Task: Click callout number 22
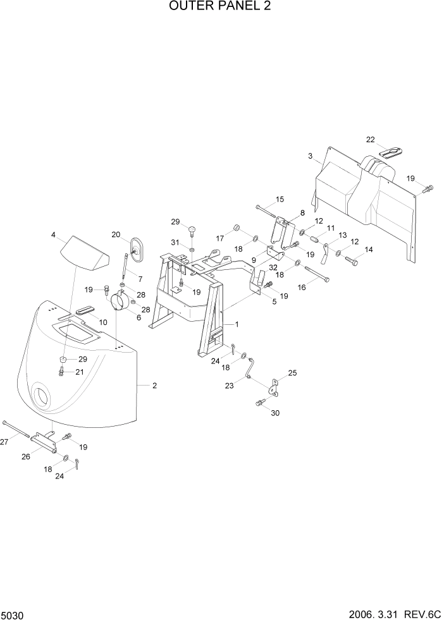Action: (x=371, y=140)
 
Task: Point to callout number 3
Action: (x=310, y=155)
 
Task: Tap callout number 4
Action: (x=54, y=235)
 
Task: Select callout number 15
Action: (x=280, y=200)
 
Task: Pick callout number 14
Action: (x=368, y=250)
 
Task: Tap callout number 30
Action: (x=274, y=413)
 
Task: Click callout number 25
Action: (x=292, y=374)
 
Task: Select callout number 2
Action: (x=154, y=385)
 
